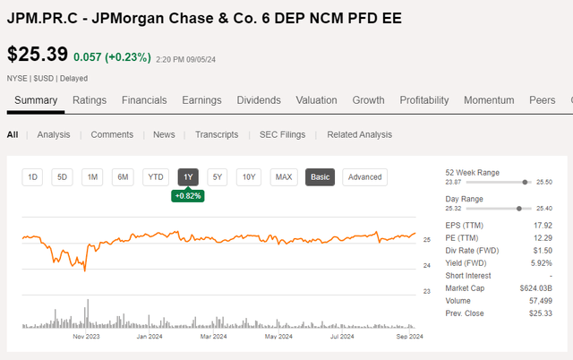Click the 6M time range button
tap(123, 177)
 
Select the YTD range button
tap(156, 177)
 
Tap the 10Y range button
tap(248, 177)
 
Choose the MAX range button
tap(284, 177)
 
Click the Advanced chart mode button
tap(365, 177)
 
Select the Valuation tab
tap(316, 100)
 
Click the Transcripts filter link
tap(217, 134)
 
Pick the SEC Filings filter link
tap(282, 134)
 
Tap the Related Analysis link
tap(359, 134)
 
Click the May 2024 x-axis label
tap(279, 337)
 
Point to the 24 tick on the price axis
tap(426, 266)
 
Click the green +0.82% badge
tap(188, 195)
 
